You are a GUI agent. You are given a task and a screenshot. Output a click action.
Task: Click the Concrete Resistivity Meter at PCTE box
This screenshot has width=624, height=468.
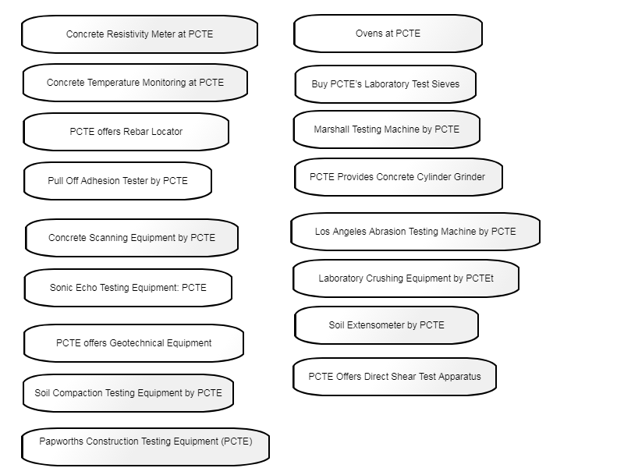click(x=140, y=34)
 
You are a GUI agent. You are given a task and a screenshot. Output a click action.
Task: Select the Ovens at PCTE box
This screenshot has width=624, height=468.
click(x=388, y=34)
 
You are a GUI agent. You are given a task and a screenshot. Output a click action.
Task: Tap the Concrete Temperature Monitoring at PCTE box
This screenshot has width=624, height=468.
click(x=135, y=83)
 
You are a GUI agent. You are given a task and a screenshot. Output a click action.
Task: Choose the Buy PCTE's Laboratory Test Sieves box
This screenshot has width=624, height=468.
click(x=385, y=84)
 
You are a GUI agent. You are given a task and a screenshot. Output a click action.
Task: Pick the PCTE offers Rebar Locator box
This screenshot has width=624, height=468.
click(x=126, y=132)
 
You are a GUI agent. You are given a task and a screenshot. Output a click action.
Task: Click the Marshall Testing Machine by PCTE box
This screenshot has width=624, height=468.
click(x=387, y=129)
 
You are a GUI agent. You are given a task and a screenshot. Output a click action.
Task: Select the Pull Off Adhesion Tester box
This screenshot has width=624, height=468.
click(x=118, y=181)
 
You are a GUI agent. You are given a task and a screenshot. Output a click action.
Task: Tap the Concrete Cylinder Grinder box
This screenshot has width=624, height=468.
click(x=399, y=177)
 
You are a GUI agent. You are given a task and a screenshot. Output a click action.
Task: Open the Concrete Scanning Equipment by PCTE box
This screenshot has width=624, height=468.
click(x=132, y=238)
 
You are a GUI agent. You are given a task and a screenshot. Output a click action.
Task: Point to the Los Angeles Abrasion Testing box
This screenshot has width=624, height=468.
click(x=416, y=232)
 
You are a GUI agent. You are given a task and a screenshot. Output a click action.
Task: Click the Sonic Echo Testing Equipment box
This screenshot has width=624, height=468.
click(x=128, y=288)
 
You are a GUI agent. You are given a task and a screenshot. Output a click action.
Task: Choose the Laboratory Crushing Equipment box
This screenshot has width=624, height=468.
click(x=406, y=278)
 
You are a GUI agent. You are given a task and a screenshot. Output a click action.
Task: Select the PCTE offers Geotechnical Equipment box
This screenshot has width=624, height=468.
click(x=133, y=343)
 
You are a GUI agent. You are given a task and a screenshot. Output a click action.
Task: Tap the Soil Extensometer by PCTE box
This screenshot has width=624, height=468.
click(x=386, y=325)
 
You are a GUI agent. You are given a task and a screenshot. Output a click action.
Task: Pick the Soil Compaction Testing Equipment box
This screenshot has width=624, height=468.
click(x=128, y=393)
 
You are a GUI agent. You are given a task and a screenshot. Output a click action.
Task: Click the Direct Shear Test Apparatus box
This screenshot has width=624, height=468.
click(x=395, y=377)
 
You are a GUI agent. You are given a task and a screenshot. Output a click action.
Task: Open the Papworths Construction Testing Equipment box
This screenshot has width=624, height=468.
click(x=146, y=447)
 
